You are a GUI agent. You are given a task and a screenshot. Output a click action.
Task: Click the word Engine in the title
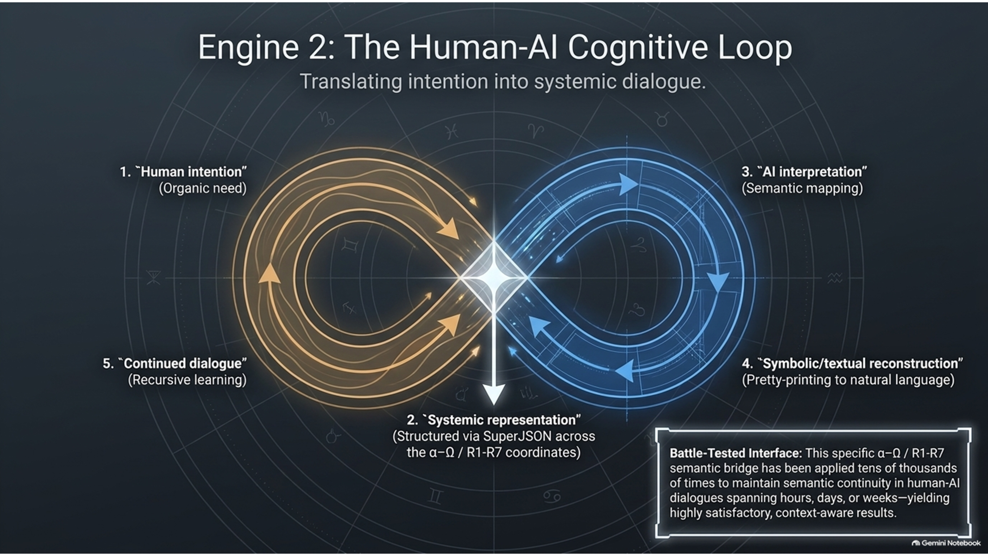[248, 47]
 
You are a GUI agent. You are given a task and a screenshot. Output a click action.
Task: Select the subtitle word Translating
[351, 82]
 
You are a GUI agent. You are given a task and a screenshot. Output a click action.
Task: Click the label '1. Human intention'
[183, 172]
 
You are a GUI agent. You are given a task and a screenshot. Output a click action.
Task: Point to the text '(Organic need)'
[203, 189]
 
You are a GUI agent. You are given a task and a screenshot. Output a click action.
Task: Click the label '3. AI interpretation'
[804, 172]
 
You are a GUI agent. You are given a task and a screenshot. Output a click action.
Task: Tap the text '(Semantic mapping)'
[802, 189]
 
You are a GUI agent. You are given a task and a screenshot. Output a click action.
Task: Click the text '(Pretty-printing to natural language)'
[848, 380]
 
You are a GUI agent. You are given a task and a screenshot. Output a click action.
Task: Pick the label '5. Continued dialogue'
[175, 363]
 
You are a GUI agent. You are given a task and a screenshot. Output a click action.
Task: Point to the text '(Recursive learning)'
[187, 380]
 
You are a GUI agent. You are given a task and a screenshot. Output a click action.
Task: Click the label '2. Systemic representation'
[494, 420]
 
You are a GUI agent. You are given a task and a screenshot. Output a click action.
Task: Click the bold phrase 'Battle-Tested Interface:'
[736, 453]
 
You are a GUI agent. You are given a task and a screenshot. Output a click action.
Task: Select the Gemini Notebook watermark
[946, 543]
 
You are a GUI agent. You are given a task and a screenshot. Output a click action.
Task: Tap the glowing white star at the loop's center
[494, 277]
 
